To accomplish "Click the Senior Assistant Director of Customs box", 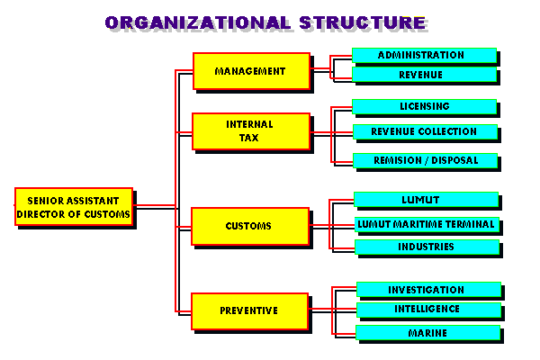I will pyautogui.click(x=74, y=206).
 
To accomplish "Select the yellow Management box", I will pyautogui.click(x=250, y=70).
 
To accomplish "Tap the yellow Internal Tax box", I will pyautogui.click(x=250, y=130).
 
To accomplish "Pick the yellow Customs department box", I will pyautogui.click(x=250, y=225).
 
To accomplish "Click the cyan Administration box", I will pyautogui.click(x=422, y=55).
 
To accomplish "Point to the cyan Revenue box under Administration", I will pyautogui.click(x=422, y=75).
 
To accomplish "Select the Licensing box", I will pyautogui.click(x=424, y=106).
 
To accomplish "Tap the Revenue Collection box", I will pyautogui.click(x=424, y=131).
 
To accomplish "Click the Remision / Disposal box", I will pyautogui.click(x=424, y=160).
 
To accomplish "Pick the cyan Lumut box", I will pyautogui.click(x=426, y=199).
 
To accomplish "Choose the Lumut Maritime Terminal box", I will pyautogui.click(x=426, y=223).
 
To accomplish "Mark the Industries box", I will pyautogui.click(x=426, y=247).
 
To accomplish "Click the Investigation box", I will pyautogui.click(x=427, y=290).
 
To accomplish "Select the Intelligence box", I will pyautogui.click(x=427, y=310).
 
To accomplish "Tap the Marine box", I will pyautogui.click(x=427, y=333).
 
